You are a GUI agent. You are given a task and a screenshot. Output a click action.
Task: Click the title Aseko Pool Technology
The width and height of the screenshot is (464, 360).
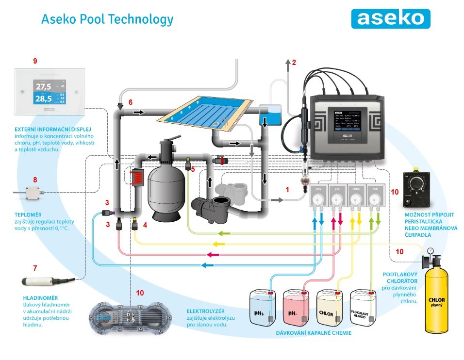click(x=107, y=19)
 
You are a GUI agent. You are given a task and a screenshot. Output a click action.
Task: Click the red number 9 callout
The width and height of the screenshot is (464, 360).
click(x=35, y=61)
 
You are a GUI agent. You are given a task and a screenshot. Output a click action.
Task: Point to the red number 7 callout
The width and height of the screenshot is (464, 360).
click(x=35, y=267)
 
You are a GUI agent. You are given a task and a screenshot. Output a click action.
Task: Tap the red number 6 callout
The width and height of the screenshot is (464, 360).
click(x=130, y=102)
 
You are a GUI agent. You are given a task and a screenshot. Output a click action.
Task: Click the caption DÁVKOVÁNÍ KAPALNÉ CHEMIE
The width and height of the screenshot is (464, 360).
click(x=314, y=333)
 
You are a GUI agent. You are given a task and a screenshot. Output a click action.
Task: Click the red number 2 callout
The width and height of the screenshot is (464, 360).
click(x=294, y=62)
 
